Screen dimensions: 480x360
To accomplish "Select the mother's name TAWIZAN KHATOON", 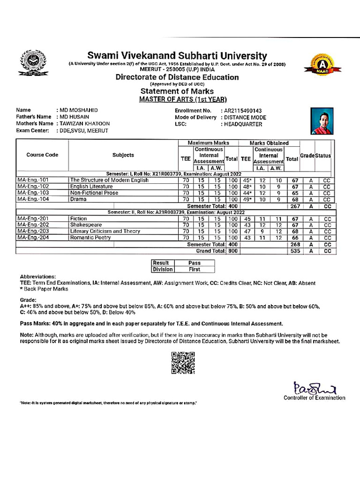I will click(83, 124).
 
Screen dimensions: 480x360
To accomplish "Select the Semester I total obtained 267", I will click(294, 206).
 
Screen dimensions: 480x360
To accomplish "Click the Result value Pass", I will click(194, 263).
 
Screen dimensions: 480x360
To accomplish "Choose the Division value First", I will click(194, 270).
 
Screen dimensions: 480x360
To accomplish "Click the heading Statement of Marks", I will click(177, 91).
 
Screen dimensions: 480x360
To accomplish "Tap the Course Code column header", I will click(42, 155).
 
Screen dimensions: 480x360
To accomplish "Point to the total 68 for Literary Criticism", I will click(294, 231).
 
